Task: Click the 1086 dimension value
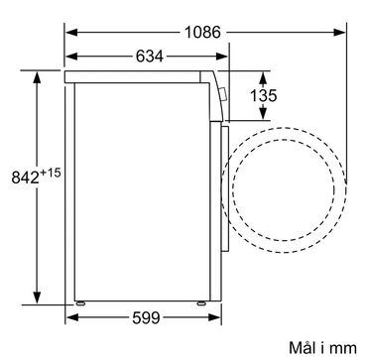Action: [202, 33]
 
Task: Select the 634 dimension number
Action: [150, 57]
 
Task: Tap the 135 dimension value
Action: [263, 96]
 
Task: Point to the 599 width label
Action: [146, 318]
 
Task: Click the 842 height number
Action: [26, 178]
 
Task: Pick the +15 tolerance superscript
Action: [51, 173]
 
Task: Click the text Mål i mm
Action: [323, 348]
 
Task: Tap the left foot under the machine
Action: [80, 303]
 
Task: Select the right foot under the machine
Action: [200, 303]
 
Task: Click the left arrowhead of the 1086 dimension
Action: [71, 33]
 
